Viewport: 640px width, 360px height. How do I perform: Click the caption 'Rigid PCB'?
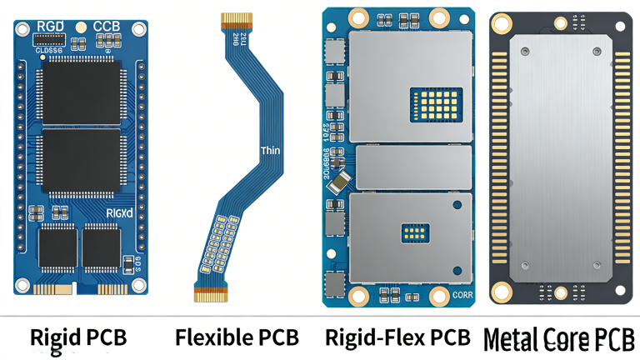tap(78, 337)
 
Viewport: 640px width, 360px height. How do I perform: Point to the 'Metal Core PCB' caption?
tap(558, 338)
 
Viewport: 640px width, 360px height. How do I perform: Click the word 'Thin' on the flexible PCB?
tap(270, 151)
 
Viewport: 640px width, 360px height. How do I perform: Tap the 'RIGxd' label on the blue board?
tap(120, 213)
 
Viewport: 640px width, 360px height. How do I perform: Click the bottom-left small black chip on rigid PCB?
tap(56, 247)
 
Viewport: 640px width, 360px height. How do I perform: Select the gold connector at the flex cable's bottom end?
tap(211, 294)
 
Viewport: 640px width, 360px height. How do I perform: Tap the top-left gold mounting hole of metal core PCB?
tap(502, 24)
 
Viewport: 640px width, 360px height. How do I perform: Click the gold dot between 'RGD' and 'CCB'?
tap(81, 27)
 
